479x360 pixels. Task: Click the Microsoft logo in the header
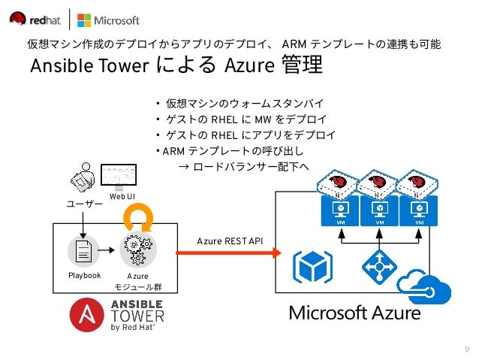pyautogui.click(x=109, y=20)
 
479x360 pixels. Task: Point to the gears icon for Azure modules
pyautogui.click(x=137, y=250)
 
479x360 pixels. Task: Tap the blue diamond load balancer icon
pyautogui.click(x=378, y=267)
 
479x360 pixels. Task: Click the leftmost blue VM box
pyautogui.click(x=338, y=212)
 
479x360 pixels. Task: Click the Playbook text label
pyautogui.click(x=83, y=276)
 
